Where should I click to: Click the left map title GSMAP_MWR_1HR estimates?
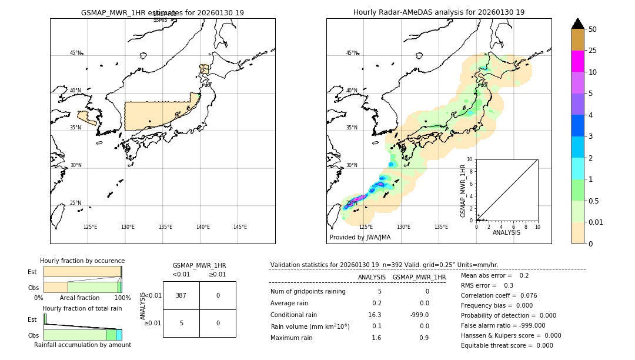(162, 12)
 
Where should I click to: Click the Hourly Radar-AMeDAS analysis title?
(439, 12)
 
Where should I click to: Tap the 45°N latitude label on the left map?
(75, 53)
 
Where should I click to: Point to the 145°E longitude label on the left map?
(240, 227)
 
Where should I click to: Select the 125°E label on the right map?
(366, 227)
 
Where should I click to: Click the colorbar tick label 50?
(593, 29)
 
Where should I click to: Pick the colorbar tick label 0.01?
(596, 222)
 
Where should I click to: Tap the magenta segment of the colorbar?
(577, 61)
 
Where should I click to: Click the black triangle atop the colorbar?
(577, 24)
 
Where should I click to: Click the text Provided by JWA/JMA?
(360, 238)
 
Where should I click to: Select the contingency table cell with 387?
(181, 295)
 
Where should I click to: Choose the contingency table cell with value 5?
(181, 323)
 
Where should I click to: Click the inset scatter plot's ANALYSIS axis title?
(506, 232)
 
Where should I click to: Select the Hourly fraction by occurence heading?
(82, 261)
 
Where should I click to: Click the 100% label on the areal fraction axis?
(122, 298)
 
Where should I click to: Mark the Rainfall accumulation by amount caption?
(82, 345)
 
